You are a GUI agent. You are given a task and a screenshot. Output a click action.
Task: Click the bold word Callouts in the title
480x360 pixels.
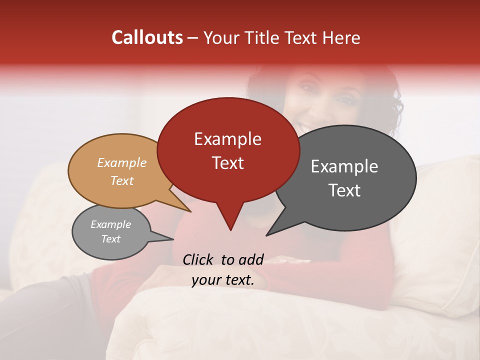[147, 37]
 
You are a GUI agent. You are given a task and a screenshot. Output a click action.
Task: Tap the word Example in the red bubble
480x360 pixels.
[227, 139]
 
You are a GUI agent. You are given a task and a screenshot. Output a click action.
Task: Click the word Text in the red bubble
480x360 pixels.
[227, 162]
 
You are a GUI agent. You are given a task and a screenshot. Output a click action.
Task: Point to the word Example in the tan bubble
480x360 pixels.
[121, 162]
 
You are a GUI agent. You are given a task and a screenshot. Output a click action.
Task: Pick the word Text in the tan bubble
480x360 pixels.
[121, 180]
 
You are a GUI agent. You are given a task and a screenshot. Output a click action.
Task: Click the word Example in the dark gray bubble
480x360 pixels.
[344, 166]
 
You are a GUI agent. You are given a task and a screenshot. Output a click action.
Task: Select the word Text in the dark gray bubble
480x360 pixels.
[344, 190]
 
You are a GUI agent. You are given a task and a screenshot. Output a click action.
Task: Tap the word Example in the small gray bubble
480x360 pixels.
[110, 224]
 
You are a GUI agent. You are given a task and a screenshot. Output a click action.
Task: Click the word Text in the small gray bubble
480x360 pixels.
[110, 239]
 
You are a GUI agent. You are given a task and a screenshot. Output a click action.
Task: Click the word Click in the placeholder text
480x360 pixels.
[198, 259]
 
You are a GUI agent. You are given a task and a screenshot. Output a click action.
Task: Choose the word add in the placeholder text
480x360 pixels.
[251, 259]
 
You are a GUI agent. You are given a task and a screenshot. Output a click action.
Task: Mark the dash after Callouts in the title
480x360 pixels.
[193, 37]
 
